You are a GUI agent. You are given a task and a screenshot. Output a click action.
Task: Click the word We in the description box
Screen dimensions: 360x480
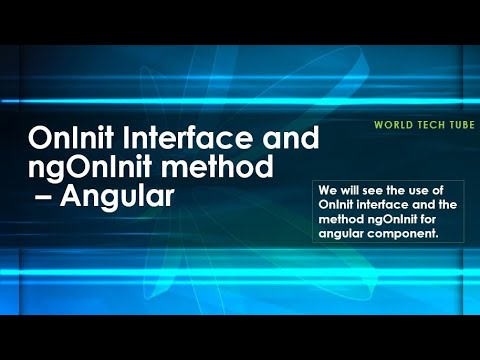[x=325, y=191]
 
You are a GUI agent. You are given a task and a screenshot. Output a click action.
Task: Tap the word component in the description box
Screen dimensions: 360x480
[x=402, y=234]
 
